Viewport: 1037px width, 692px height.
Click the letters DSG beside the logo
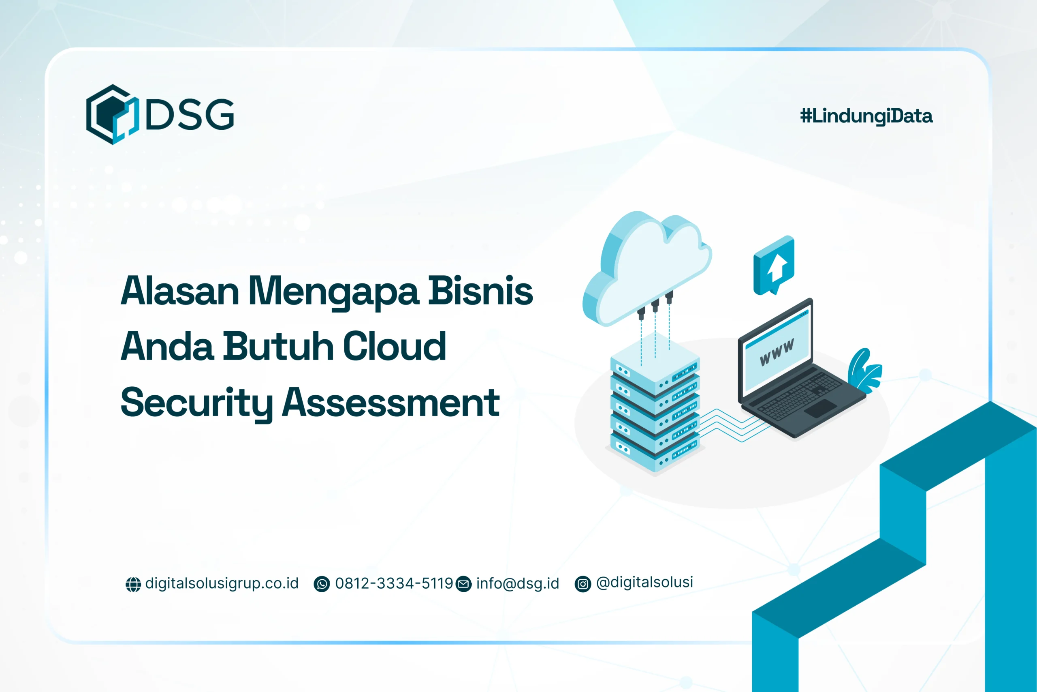(x=190, y=114)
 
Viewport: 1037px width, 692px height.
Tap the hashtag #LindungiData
(x=866, y=116)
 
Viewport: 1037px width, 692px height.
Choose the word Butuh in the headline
(x=278, y=347)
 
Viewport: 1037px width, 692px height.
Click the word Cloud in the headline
(x=395, y=347)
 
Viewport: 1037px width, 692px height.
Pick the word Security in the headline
(x=196, y=403)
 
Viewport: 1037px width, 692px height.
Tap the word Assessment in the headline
(x=390, y=403)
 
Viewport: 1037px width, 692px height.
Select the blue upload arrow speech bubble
(x=774, y=265)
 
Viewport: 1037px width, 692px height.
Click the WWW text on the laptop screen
(x=777, y=352)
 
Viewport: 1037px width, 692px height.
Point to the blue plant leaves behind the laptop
(x=864, y=371)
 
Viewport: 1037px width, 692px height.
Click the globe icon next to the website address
(x=133, y=584)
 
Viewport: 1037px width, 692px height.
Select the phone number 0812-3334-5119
(x=394, y=583)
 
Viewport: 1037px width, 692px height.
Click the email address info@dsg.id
(x=517, y=583)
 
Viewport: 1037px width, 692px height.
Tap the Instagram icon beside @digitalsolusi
(x=583, y=584)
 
